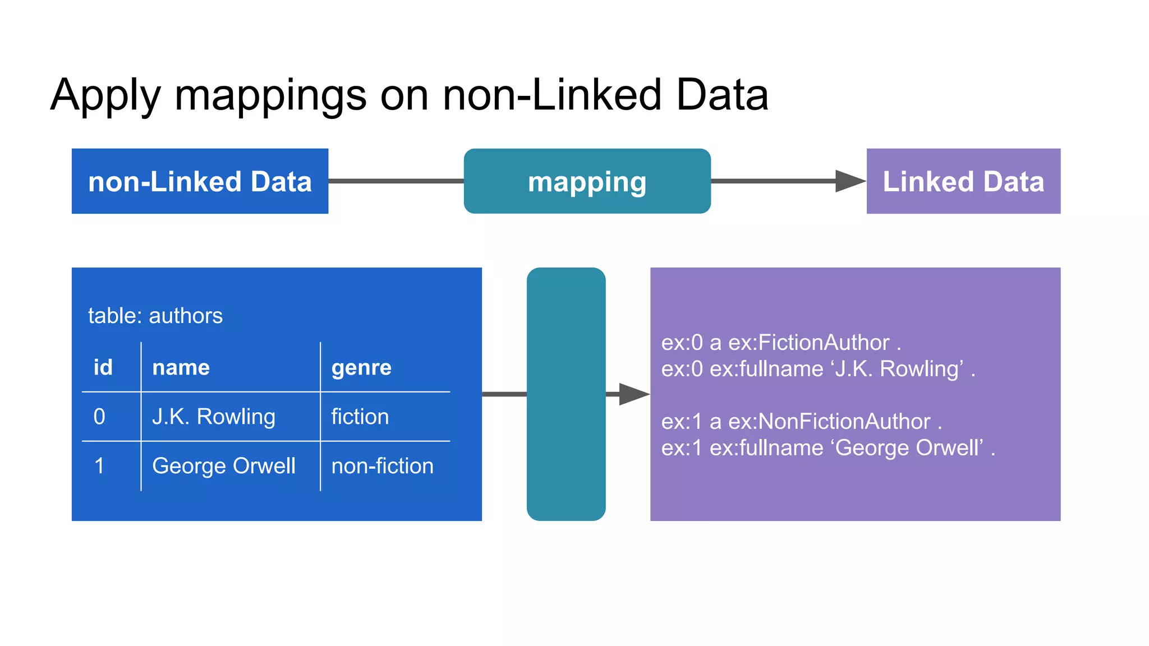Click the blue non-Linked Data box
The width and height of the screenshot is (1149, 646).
200,181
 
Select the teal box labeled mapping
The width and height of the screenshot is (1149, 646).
587,181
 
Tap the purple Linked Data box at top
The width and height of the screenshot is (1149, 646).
963,181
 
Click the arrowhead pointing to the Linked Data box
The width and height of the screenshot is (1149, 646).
849,181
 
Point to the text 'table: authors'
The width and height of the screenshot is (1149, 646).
155,316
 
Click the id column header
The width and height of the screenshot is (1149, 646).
103,367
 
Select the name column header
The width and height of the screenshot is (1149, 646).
181,367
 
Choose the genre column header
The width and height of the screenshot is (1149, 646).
361,367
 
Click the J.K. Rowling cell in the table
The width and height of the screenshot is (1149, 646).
214,417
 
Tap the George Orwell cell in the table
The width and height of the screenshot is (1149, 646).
223,466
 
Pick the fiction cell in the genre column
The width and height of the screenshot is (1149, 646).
360,417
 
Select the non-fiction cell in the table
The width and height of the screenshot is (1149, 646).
382,466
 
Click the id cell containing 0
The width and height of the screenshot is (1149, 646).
99,417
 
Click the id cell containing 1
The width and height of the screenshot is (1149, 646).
99,466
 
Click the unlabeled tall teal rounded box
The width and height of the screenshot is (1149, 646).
566,394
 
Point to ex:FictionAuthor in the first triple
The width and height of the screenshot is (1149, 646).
808,343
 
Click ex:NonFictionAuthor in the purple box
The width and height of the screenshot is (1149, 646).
829,422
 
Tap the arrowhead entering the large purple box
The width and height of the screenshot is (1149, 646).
634,394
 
